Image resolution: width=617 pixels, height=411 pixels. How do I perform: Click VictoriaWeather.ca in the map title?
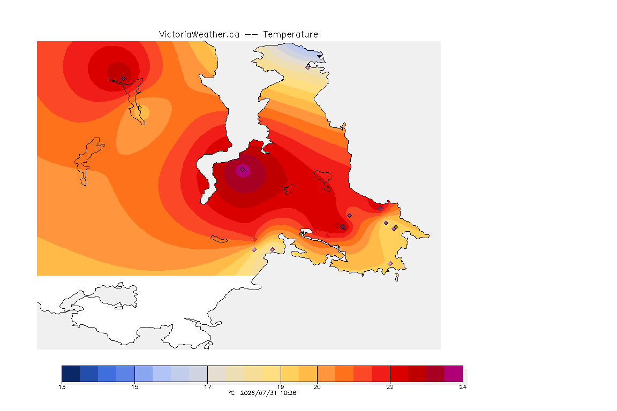(199, 35)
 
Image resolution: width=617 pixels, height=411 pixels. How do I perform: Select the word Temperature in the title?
(290, 35)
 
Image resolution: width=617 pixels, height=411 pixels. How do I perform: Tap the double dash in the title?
(251, 35)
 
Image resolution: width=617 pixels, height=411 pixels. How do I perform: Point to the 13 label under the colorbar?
(62, 387)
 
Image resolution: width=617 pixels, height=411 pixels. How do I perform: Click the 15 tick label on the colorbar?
(134, 387)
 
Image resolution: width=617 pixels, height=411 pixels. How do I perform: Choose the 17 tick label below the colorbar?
(207, 387)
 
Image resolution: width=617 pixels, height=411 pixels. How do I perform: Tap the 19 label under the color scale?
(281, 387)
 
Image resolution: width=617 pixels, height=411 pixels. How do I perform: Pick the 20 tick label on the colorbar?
(317, 387)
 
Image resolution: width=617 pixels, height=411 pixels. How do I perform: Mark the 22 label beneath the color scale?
(389, 387)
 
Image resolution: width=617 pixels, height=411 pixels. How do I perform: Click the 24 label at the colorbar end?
(463, 387)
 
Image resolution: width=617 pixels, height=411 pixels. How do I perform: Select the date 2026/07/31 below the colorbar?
(259, 393)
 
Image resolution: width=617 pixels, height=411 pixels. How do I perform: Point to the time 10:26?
(288, 393)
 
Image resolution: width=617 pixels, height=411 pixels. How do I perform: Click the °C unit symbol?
(231, 393)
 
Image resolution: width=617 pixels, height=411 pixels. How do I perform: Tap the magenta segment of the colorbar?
(454, 374)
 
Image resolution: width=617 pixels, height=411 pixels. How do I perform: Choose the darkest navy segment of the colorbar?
(71, 374)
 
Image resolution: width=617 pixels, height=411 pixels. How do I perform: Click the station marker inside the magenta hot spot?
(243, 170)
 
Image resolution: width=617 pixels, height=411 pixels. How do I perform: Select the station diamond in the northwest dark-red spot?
(124, 79)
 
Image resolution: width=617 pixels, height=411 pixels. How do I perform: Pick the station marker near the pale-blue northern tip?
(308, 67)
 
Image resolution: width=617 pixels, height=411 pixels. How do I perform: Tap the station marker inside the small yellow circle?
(139, 108)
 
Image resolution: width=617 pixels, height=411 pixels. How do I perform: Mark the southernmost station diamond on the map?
(390, 263)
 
